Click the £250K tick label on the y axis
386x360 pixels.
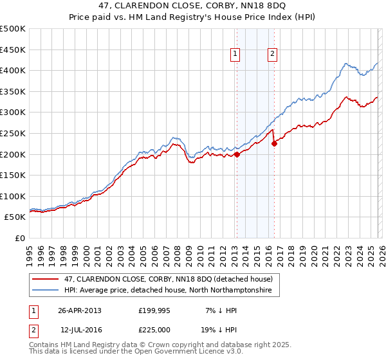(13, 133)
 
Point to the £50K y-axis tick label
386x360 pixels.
(15, 217)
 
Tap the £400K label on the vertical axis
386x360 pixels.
(13, 70)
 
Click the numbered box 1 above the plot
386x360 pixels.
(236, 55)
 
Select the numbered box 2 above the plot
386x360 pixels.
(273, 55)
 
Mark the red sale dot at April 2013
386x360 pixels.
(237, 154)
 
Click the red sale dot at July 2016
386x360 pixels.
(274, 143)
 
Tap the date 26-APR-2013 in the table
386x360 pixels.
(80, 310)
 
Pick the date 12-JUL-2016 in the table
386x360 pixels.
(80, 330)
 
